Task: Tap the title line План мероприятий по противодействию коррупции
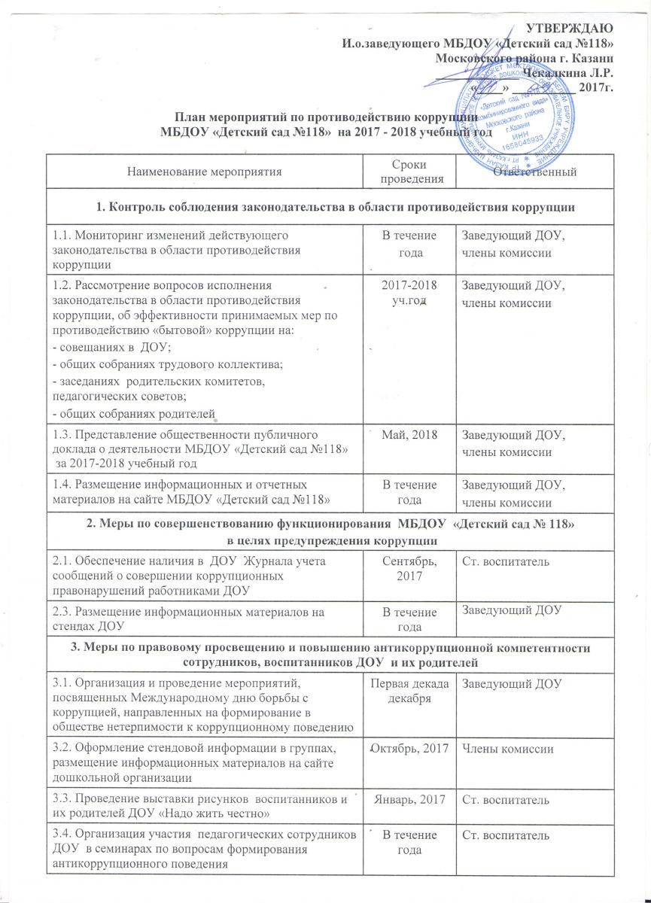(326, 117)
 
